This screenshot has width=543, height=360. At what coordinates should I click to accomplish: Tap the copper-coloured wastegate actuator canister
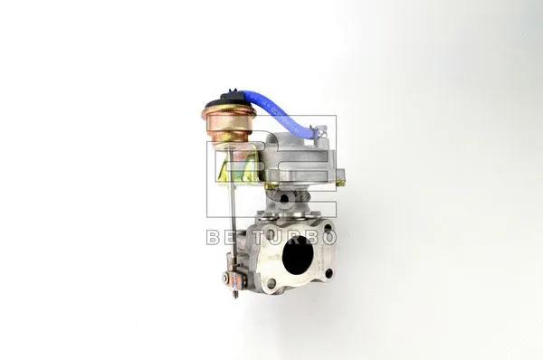[229, 125]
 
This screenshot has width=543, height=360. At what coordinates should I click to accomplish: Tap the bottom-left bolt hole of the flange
[271, 283]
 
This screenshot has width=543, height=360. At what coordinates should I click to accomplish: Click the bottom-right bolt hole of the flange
[329, 273]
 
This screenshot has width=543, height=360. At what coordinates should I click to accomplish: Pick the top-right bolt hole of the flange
[328, 229]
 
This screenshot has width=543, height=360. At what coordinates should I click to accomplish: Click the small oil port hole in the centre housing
[284, 198]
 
